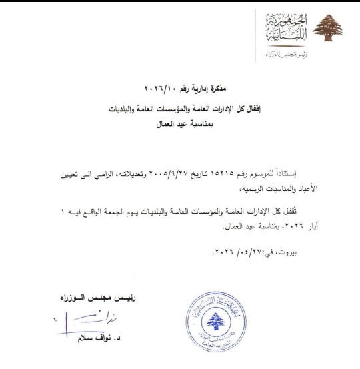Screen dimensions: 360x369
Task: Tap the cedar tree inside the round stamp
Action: point(215,325)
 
